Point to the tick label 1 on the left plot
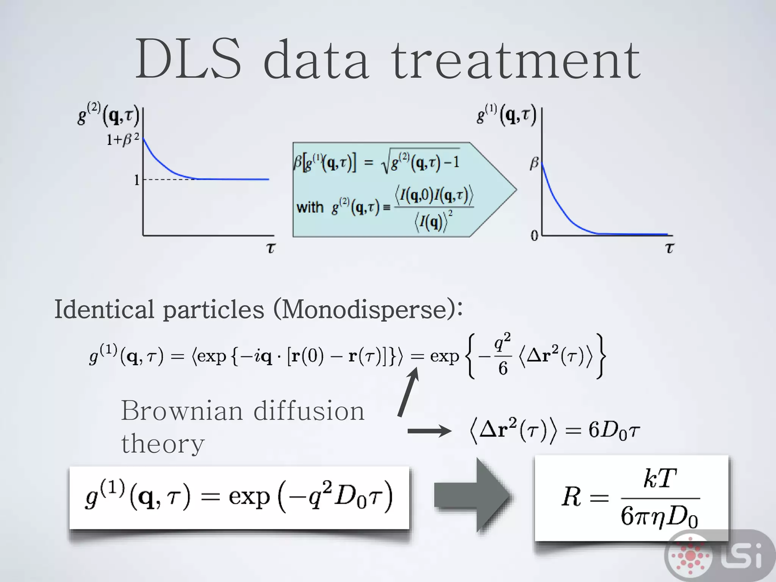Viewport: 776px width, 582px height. [x=137, y=180]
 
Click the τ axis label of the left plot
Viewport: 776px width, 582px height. [x=271, y=248]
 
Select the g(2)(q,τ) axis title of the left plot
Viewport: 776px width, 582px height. [x=108, y=116]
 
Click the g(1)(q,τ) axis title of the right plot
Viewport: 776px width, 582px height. [x=507, y=116]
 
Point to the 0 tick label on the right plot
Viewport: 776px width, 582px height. [x=534, y=236]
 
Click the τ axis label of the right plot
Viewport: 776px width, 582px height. [x=670, y=248]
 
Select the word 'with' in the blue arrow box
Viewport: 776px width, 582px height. [x=310, y=208]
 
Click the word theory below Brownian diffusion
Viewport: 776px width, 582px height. [x=163, y=444]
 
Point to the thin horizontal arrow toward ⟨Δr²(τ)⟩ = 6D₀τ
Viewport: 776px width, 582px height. [x=429, y=431]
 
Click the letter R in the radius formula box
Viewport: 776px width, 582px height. [x=571, y=497]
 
